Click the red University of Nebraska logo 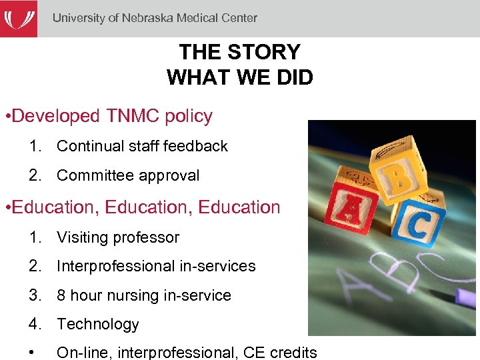point(18,18)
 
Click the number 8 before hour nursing point(61,295)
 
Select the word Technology point(98,325)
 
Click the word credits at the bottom point(293,353)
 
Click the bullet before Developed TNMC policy point(6,117)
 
